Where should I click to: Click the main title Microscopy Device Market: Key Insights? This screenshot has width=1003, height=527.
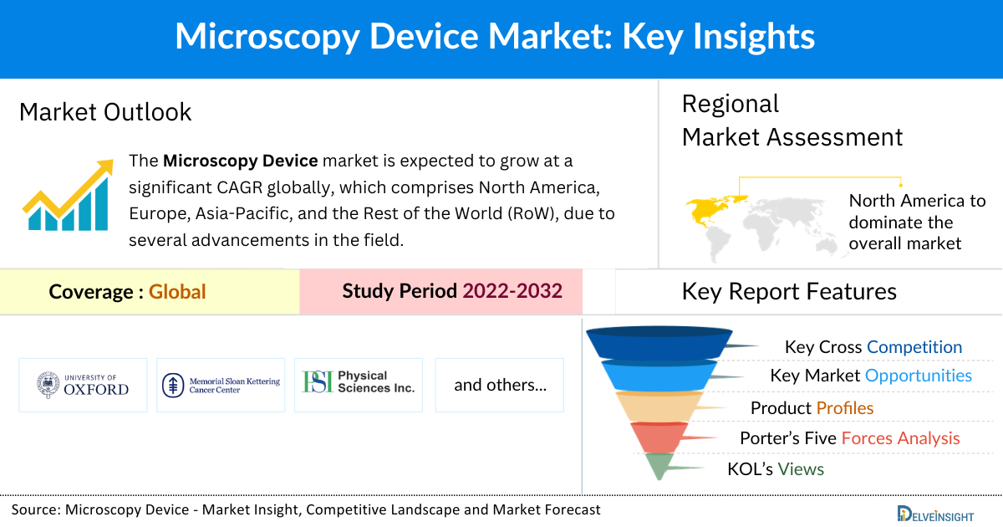point(494,38)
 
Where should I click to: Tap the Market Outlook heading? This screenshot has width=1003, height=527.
point(105,112)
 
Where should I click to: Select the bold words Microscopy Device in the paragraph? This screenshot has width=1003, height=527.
point(241,161)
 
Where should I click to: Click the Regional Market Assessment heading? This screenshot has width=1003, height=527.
point(792,120)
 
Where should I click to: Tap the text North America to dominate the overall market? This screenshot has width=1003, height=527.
point(917,223)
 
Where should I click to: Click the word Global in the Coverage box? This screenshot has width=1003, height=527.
point(177,292)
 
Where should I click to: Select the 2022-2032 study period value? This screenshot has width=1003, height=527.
point(512,291)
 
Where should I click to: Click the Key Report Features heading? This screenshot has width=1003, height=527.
point(789,291)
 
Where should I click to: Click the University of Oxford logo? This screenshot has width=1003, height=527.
point(84,385)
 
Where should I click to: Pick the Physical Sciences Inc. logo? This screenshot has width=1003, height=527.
point(359,384)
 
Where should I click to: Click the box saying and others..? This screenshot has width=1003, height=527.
point(500,385)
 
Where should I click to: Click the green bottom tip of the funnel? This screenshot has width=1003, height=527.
point(659,466)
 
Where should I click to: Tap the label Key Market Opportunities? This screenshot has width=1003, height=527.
point(871,376)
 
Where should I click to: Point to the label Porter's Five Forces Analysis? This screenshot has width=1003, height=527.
point(849,438)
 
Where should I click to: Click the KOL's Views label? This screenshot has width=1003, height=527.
point(775,469)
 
